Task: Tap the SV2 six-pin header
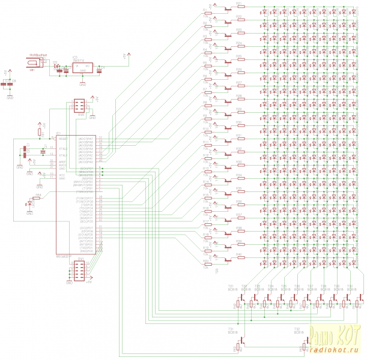point(79,105)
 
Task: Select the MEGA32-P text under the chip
point(64,256)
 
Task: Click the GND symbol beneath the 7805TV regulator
point(82,82)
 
